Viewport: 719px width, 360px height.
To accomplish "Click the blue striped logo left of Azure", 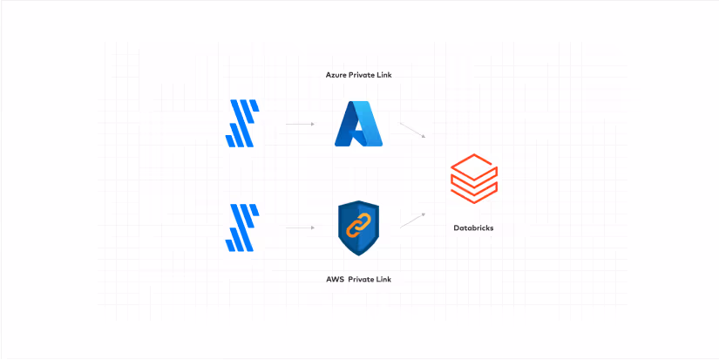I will pyautogui.click(x=241, y=124).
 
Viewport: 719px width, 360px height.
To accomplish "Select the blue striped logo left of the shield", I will pyautogui.click(x=241, y=228).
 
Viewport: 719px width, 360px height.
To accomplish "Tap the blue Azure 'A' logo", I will pyautogui.click(x=359, y=124).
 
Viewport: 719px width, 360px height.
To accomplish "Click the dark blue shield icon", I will pyautogui.click(x=358, y=228).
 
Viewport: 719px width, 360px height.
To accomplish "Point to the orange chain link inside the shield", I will pyautogui.click(x=358, y=227).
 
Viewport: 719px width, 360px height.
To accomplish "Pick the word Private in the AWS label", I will pyautogui.click(x=365, y=279).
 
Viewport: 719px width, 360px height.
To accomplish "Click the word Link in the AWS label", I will pyautogui.click(x=392, y=279).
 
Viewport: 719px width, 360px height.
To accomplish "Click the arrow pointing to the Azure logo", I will pyautogui.click(x=299, y=125).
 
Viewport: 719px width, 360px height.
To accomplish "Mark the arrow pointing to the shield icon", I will pyautogui.click(x=299, y=228).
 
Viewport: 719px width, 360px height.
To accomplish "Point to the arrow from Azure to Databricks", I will pyautogui.click(x=412, y=130).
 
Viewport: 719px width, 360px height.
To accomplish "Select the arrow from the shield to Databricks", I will pyautogui.click(x=413, y=220).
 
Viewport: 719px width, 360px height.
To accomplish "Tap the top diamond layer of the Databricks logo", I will pyautogui.click(x=473, y=164).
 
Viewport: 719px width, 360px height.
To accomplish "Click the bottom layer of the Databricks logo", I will pyautogui.click(x=473, y=192).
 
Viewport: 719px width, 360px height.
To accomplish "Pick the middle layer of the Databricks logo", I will pyautogui.click(x=473, y=179).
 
